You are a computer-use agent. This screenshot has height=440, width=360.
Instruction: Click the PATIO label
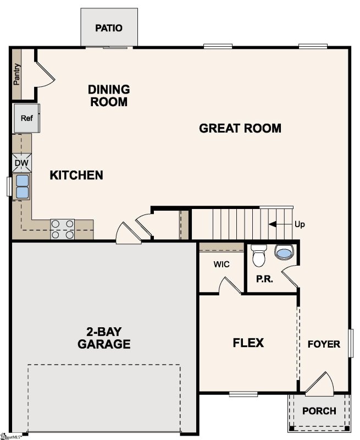coord(108,28)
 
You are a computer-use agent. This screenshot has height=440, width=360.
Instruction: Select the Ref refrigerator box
coord(26,118)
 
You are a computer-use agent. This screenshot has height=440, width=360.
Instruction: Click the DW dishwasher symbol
coord(21,163)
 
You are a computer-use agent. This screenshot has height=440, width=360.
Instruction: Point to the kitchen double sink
coord(22,186)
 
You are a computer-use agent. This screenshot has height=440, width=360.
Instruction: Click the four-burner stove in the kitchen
coord(63,229)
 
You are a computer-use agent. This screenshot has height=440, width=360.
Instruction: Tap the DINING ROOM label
coord(109,96)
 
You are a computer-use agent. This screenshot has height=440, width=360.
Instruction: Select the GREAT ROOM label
coord(240,129)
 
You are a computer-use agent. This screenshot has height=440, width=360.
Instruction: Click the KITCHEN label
coord(76,175)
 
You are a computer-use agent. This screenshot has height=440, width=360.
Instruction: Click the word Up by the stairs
coord(300,224)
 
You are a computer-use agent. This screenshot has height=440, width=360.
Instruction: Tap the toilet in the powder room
coord(258,256)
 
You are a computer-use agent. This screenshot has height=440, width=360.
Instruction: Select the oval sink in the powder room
coord(284,253)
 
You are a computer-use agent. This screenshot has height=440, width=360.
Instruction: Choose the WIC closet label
coord(221,265)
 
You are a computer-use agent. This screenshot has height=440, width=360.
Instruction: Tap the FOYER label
coord(323,345)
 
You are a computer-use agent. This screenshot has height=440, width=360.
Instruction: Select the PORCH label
coord(319,411)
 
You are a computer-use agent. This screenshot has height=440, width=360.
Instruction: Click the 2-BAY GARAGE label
coord(104,338)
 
